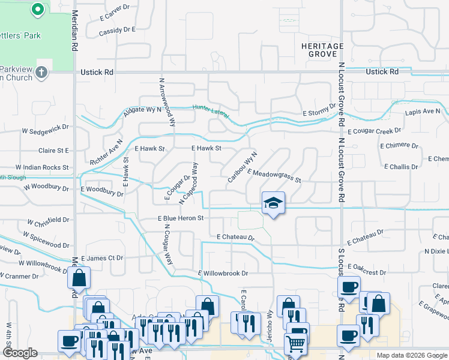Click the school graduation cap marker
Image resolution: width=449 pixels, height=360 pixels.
click(x=273, y=203)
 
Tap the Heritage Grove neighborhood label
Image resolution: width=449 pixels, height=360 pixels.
click(x=322, y=50)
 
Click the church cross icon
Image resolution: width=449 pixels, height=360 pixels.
click(x=41, y=73)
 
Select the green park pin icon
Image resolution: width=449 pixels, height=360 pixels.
click(x=37, y=10)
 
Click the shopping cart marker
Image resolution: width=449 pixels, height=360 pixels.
click(x=295, y=344)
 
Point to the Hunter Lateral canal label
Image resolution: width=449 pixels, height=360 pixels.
click(x=211, y=111)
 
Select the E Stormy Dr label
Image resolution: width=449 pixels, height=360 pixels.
click(x=319, y=110)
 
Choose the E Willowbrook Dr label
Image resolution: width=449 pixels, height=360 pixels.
click(x=223, y=274)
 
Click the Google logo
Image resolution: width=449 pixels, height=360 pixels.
click(x=20, y=353)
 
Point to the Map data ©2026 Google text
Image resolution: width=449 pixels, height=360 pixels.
click(x=411, y=355)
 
